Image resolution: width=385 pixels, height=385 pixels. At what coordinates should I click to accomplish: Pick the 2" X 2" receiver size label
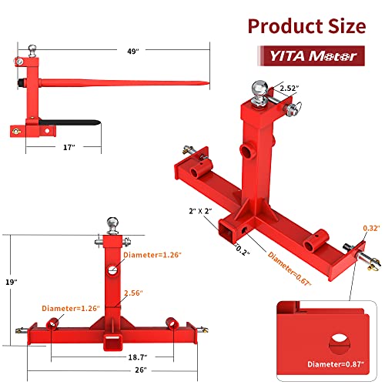(x=202, y=210)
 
